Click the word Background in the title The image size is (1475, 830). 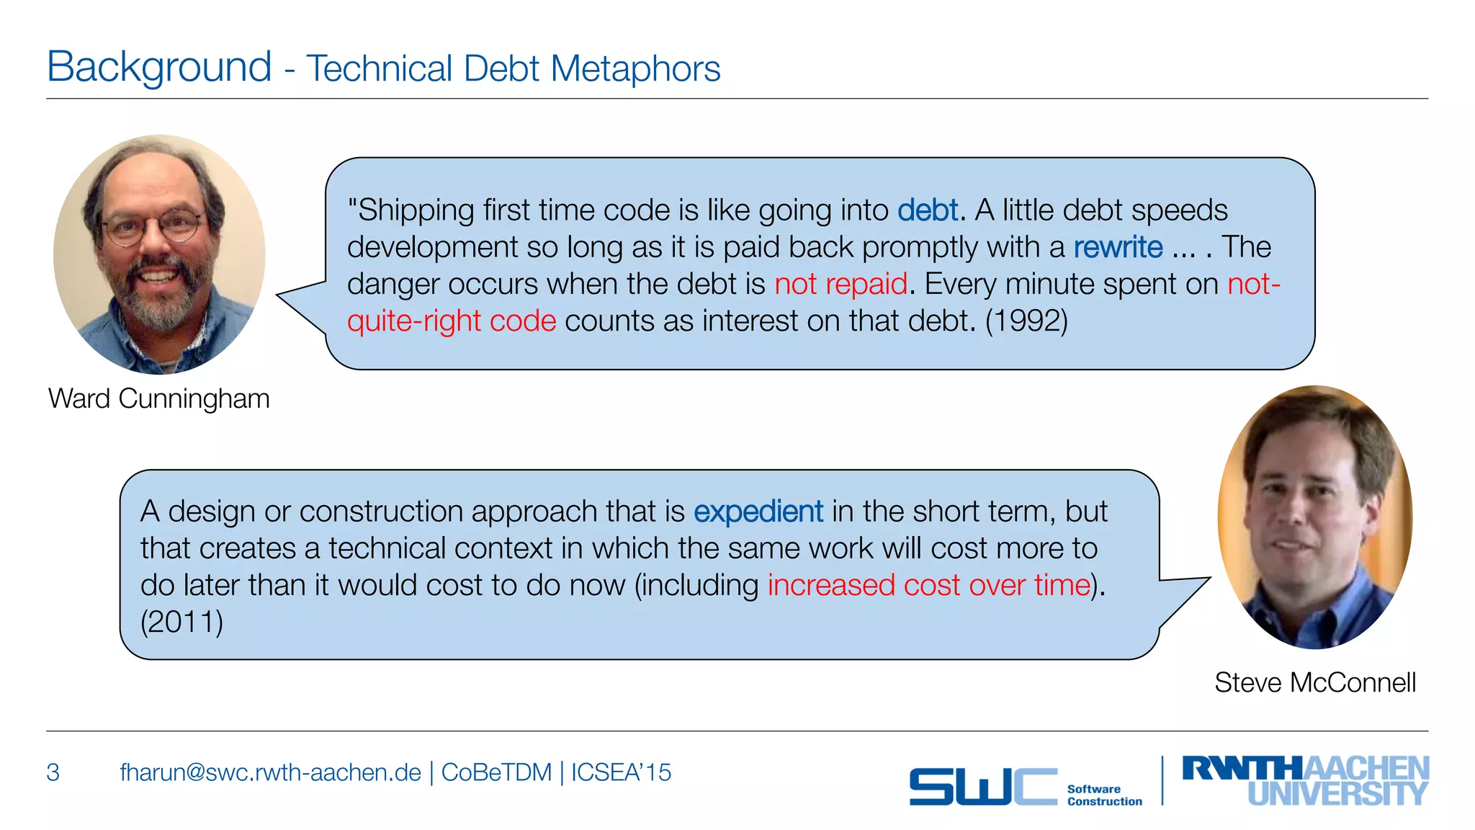tap(159, 67)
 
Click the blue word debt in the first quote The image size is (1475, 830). tap(928, 210)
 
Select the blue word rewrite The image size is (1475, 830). tap(1118, 247)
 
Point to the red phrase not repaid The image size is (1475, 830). tap(840, 284)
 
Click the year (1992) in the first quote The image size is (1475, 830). tap(1026, 321)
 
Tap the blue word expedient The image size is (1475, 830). tap(758, 512)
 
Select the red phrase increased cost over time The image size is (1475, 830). tap(929, 585)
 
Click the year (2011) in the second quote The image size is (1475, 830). tap(181, 622)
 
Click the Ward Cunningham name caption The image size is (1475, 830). tap(159, 398)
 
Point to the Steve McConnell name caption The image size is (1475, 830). tap(1315, 682)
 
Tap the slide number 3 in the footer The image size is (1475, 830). tap(53, 772)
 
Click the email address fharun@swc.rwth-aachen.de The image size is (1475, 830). tap(270, 772)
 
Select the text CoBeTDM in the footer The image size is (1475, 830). tap(496, 772)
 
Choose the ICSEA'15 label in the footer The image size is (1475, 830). tap(621, 772)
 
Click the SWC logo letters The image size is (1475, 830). tap(982, 786)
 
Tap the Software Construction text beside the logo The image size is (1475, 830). tap(1104, 795)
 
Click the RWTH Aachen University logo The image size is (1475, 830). tap(1305, 780)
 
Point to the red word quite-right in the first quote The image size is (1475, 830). tap(413, 321)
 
